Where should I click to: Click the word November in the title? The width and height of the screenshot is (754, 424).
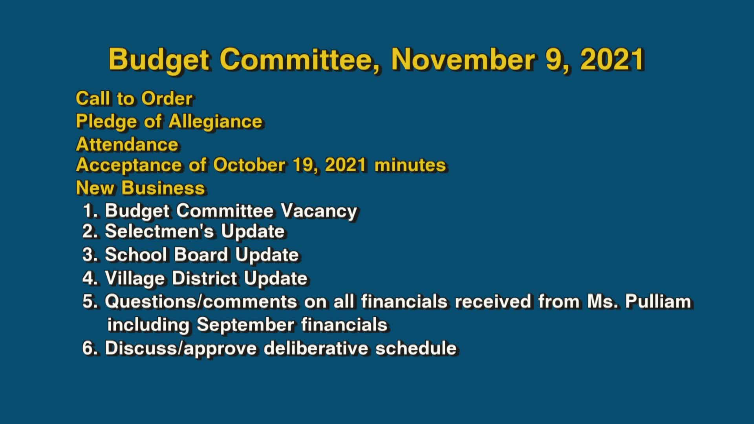coord(463,60)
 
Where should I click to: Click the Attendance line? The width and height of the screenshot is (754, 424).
coord(127,144)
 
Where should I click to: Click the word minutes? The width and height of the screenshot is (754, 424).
coord(410,165)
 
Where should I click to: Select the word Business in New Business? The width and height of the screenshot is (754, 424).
coord(163,188)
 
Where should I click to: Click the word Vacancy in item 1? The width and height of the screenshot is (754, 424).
coord(318,211)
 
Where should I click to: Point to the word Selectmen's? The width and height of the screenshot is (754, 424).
coord(159,231)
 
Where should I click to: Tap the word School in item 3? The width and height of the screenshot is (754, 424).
coord(136,255)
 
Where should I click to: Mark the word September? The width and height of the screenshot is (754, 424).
coord(245,325)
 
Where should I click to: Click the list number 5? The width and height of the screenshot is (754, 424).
coord(89,302)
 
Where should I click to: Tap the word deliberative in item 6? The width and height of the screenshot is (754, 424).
coord(316,348)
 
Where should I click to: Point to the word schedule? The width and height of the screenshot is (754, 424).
coord(416,348)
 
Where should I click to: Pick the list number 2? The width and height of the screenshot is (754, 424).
coord(89,231)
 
